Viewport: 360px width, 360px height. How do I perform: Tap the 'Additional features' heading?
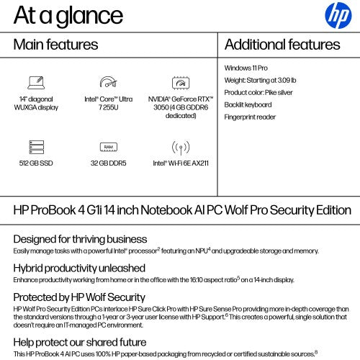click(x=282, y=45)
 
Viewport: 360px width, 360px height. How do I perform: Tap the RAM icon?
click(x=108, y=147)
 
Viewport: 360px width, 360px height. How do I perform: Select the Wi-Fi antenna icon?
click(x=180, y=147)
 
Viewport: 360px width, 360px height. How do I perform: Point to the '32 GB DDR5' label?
click(x=108, y=163)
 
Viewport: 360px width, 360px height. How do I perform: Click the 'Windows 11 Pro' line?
click(x=248, y=68)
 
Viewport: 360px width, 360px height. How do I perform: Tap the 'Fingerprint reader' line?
click(x=251, y=117)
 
